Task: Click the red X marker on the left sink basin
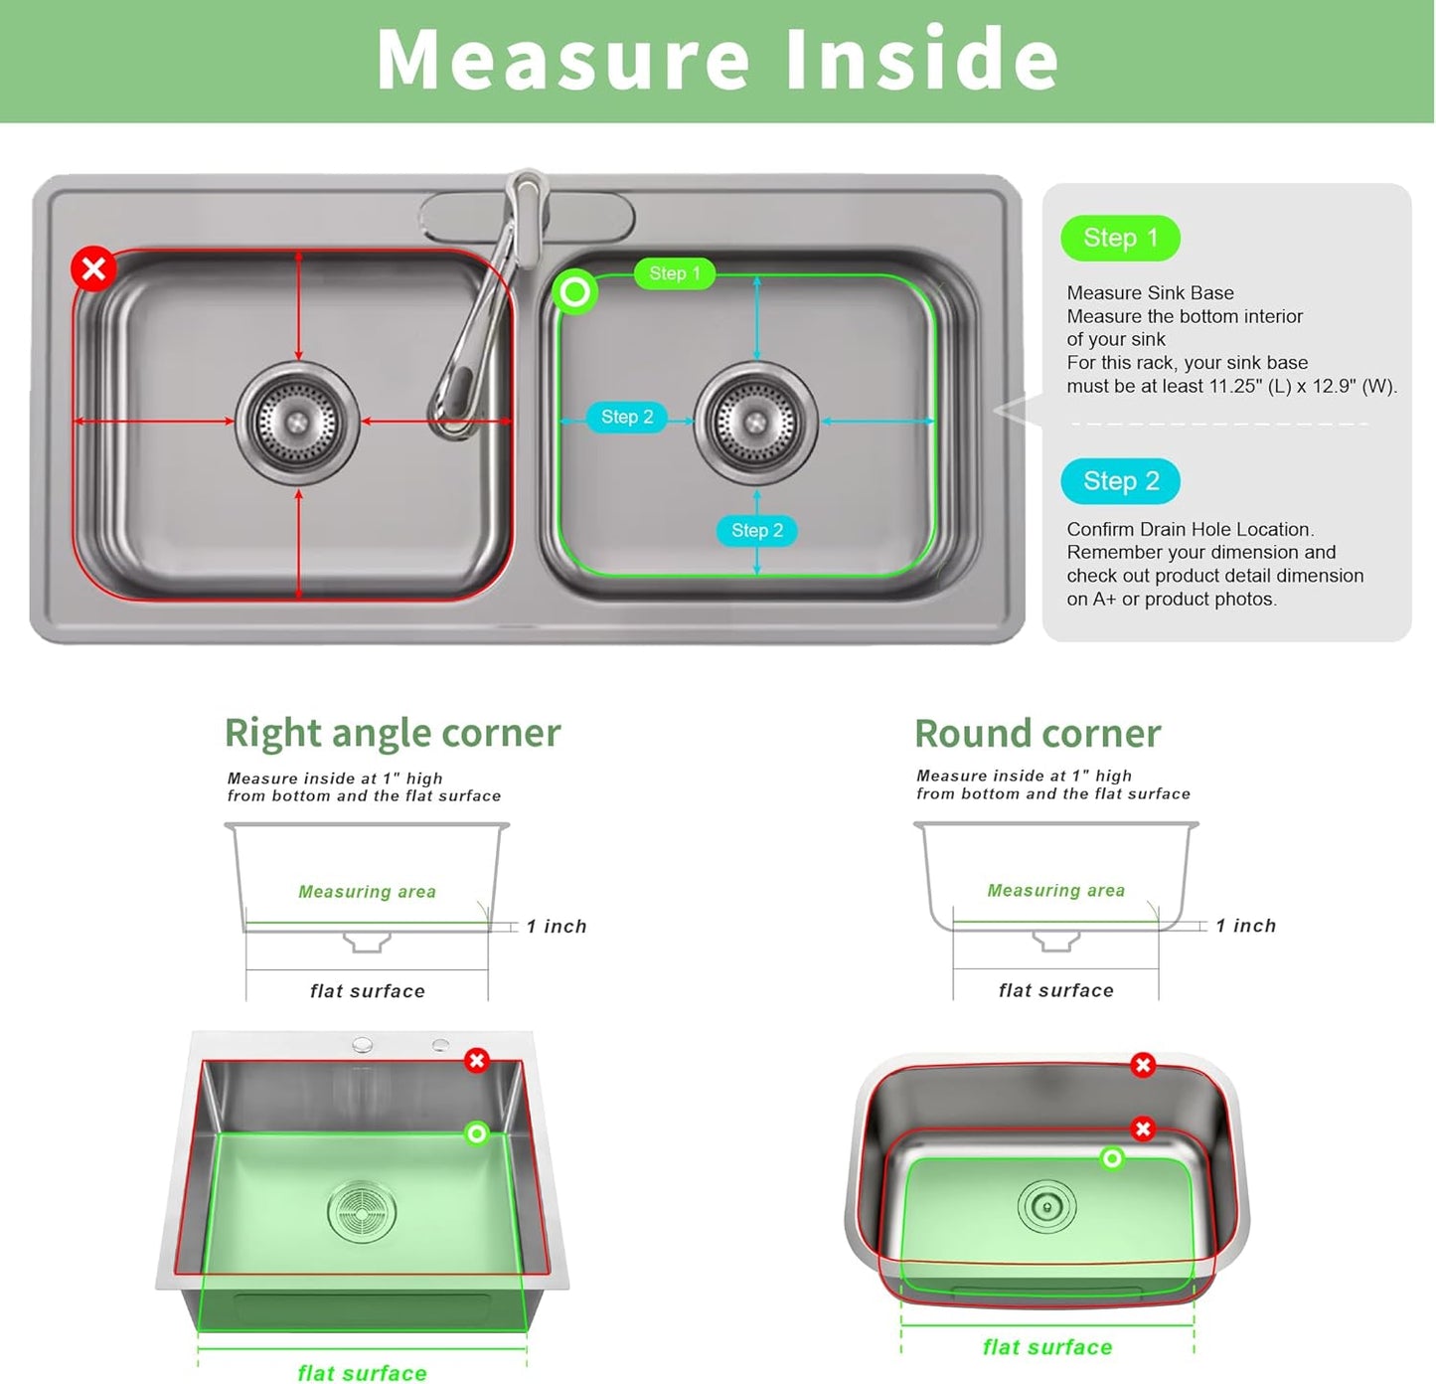pyautogui.click(x=94, y=268)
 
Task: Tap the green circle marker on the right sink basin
pyautogui.click(x=574, y=292)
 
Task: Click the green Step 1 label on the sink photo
pyautogui.click(x=675, y=273)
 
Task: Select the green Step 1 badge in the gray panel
pyautogui.click(x=1120, y=239)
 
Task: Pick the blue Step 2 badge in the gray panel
pyautogui.click(x=1120, y=482)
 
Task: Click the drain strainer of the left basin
pyautogui.click(x=297, y=423)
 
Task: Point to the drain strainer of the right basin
pyautogui.click(x=755, y=423)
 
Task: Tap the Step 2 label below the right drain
pyautogui.click(x=757, y=531)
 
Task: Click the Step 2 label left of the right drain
pyautogui.click(x=627, y=418)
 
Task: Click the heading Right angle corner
pyautogui.click(x=393, y=734)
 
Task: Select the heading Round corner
pyautogui.click(x=1037, y=734)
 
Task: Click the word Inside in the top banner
pyautogui.click(x=921, y=60)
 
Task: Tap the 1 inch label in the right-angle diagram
pyautogui.click(x=557, y=927)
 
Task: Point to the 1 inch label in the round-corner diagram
pyautogui.click(x=1245, y=926)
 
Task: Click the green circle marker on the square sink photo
pyautogui.click(x=477, y=1133)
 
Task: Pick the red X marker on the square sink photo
pyautogui.click(x=477, y=1061)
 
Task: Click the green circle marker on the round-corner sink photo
pyautogui.click(x=1112, y=1158)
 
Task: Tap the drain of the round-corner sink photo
pyautogui.click(x=1046, y=1207)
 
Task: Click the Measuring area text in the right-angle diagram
pyautogui.click(x=367, y=892)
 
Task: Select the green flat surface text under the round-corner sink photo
pyautogui.click(x=1047, y=1347)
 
